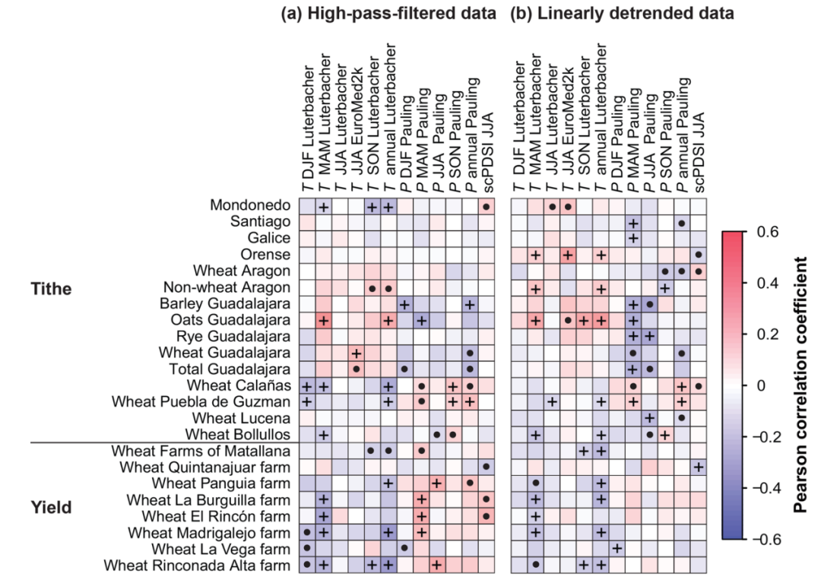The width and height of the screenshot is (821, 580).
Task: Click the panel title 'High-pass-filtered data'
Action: [x=401, y=13]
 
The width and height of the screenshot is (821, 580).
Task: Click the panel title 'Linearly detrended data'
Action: [x=635, y=13]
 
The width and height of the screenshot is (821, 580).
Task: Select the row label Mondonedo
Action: [x=250, y=204]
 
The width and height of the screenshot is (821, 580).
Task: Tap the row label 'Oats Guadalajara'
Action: [x=230, y=319]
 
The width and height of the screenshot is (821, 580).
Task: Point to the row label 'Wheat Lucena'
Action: [x=241, y=418]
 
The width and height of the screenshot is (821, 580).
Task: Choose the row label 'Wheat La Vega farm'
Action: [x=220, y=549]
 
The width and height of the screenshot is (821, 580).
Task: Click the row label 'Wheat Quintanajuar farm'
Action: [x=204, y=467]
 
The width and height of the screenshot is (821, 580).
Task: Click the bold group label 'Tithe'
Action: [x=51, y=288]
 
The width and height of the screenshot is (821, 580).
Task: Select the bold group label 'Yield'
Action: [x=51, y=507]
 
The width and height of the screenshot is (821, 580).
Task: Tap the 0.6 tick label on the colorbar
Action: [x=768, y=231]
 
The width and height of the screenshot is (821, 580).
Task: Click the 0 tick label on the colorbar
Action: [x=761, y=385]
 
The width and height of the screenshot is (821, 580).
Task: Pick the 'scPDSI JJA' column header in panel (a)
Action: [x=487, y=152]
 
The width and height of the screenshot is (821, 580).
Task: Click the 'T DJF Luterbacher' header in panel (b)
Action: [x=519, y=127]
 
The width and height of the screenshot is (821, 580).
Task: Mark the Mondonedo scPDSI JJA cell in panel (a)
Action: [x=487, y=207]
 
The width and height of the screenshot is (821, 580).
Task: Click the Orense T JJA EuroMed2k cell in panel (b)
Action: [x=568, y=255]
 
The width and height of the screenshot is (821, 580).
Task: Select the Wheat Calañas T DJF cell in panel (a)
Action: [x=307, y=387]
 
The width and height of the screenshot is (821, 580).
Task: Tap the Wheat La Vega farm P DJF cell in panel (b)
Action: [x=617, y=549]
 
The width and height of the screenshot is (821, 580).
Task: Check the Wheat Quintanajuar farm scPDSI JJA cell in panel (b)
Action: [x=699, y=467]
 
